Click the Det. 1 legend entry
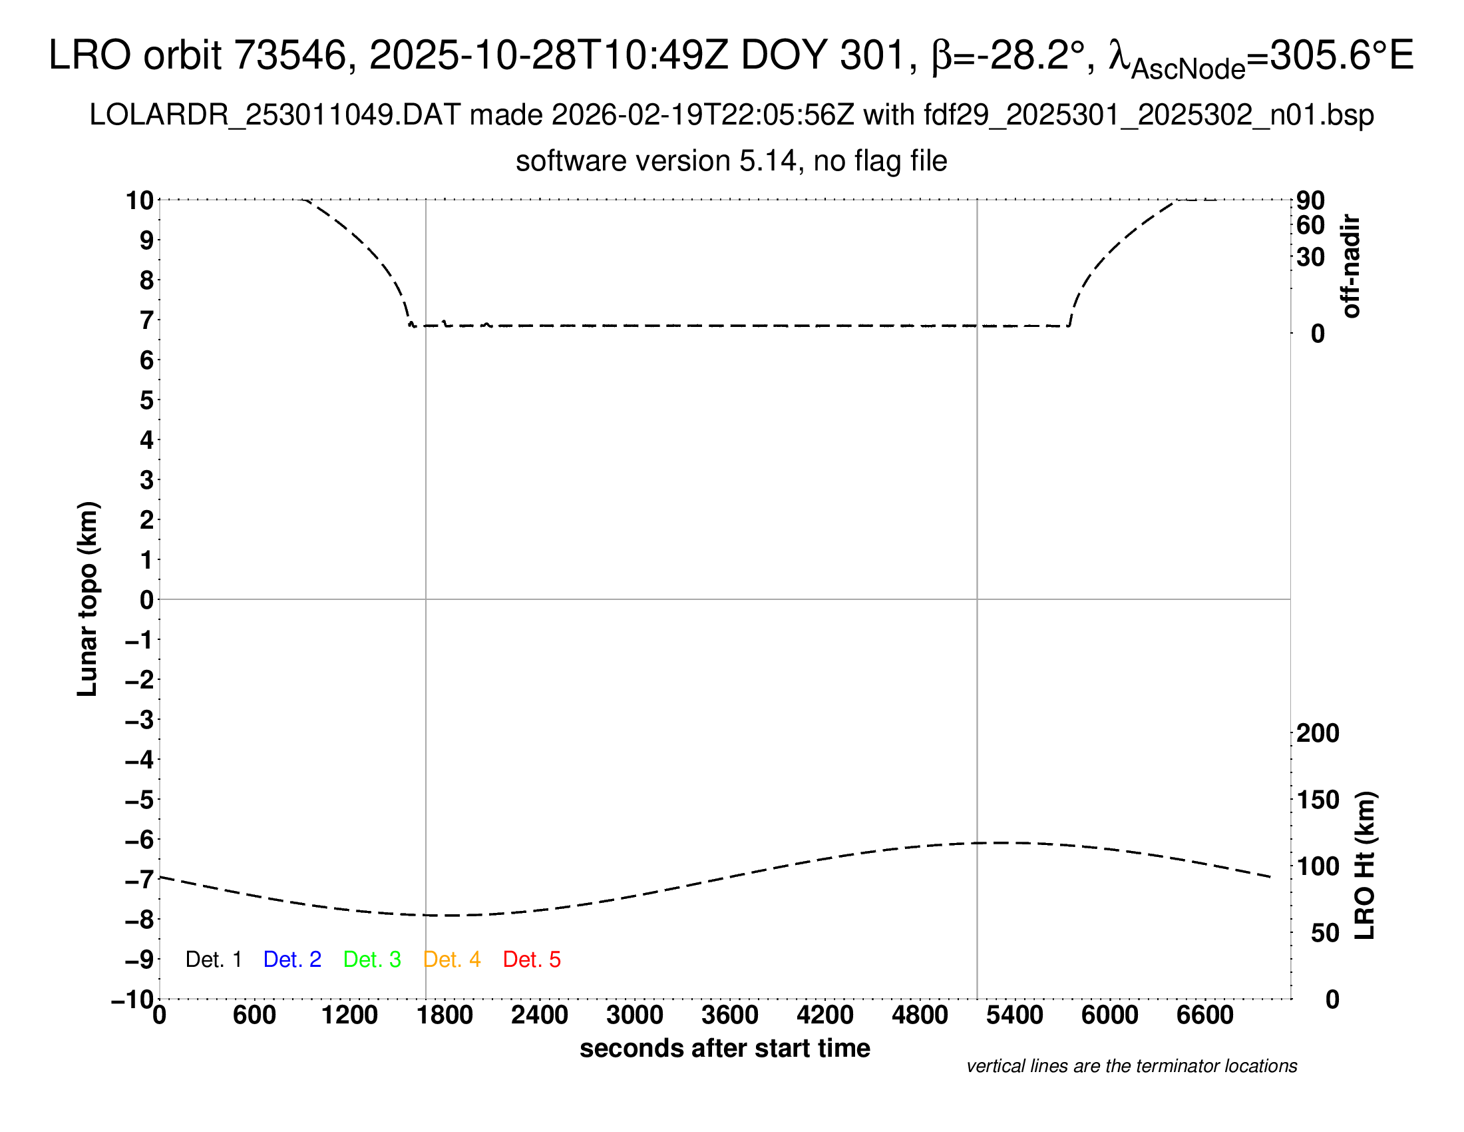point(213,960)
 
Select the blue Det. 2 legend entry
point(292,960)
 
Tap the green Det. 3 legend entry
point(372,960)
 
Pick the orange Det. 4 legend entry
point(452,960)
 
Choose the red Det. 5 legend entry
point(532,960)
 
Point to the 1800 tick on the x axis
point(445,1015)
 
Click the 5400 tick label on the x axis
point(1015,1015)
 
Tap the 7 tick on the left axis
point(146,320)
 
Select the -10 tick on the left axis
point(132,1000)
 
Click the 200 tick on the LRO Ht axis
point(1318,734)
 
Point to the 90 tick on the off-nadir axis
point(1310,200)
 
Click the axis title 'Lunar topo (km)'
point(88,599)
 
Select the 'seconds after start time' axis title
point(725,1048)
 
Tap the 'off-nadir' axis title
point(1351,266)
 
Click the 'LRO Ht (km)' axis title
point(1365,866)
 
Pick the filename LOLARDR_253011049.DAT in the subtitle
point(275,115)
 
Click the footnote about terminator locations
point(1131,1066)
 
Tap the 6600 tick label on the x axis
point(1204,1015)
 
